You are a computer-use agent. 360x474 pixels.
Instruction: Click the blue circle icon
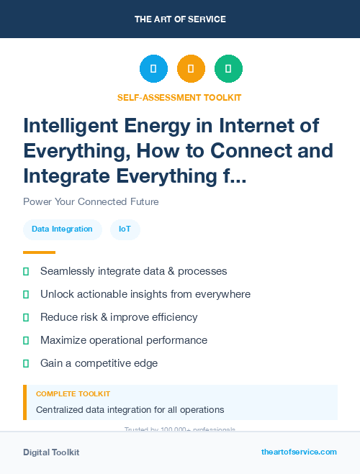click(153, 69)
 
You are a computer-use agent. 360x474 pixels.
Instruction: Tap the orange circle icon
click(191, 69)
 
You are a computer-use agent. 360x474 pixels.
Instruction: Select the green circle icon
click(228, 69)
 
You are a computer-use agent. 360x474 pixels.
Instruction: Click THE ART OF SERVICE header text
click(180, 19)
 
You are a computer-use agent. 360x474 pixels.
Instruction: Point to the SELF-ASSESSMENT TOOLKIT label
click(179, 97)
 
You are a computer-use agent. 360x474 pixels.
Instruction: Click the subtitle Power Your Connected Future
click(91, 201)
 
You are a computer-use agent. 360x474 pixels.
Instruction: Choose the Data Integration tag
click(62, 229)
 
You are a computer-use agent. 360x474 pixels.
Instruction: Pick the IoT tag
click(125, 229)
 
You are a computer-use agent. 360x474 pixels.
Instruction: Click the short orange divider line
click(39, 252)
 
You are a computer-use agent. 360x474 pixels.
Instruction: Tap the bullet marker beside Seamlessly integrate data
click(26, 271)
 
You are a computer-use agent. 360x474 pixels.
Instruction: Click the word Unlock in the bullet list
click(57, 294)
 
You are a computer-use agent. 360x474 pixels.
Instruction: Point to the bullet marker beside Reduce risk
click(26, 317)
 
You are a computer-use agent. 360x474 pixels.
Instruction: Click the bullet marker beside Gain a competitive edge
click(26, 363)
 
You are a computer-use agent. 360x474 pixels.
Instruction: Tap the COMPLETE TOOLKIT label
click(73, 394)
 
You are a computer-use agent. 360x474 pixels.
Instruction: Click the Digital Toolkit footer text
click(51, 452)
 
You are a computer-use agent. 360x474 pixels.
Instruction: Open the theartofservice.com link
click(299, 452)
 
